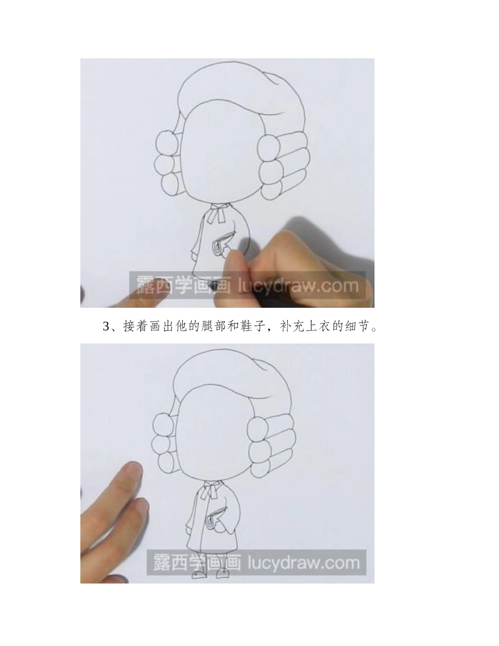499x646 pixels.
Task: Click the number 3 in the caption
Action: tap(106, 327)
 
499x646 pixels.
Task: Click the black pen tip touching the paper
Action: tap(212, 287)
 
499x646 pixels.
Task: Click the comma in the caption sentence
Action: tap(285, 329)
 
